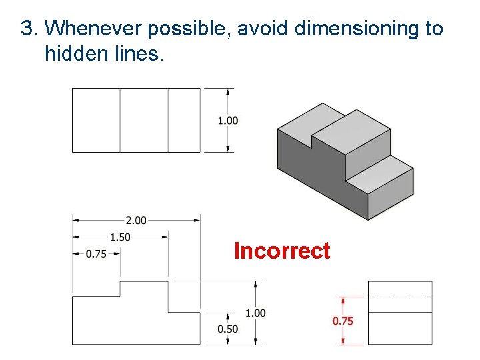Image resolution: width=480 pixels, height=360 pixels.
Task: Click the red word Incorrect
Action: [282, 251]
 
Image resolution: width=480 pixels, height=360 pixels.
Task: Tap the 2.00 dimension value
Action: [135, 220]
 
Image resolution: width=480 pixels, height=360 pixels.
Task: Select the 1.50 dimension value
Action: [120, 237]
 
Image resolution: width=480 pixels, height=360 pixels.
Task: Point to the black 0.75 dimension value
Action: [96, 253]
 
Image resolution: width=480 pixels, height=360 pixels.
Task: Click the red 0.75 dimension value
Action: [343, 321]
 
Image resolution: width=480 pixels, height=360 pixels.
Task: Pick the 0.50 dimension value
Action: [228, 329]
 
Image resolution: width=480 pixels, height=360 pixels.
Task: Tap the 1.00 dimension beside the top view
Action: [228, 121]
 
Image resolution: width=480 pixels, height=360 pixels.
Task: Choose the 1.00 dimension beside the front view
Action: [255, 313]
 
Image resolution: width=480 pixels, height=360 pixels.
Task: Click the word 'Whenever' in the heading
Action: [94, 29]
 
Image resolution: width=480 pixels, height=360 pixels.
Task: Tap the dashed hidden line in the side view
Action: [400, 296]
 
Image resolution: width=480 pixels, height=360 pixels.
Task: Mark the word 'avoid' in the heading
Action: [263, 29]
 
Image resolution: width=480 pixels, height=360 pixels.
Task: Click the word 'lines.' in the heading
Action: [137, 53]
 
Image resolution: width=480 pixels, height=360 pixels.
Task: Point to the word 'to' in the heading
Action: [433, 29]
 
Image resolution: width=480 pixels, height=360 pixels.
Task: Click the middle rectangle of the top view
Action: [144, 120]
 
